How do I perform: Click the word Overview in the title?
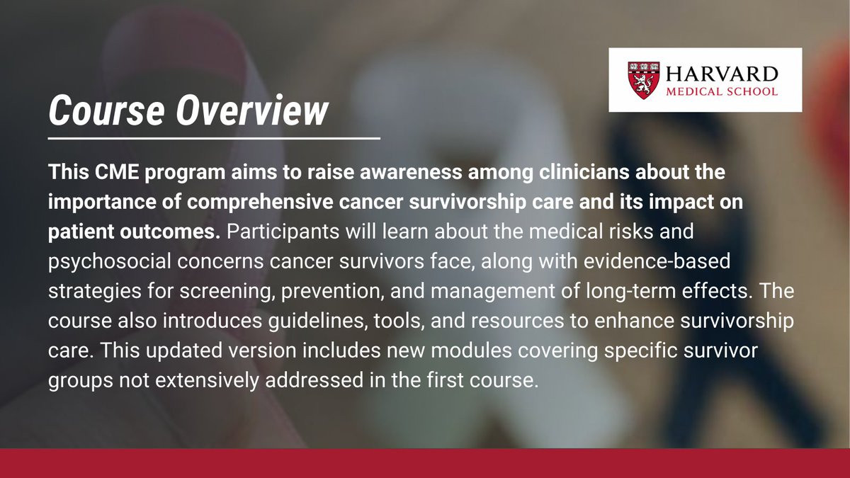coord(251,110)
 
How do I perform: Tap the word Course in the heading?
coord(107,110)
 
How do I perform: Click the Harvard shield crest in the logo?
coord(644,81)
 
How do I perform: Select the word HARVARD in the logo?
coord(722,74)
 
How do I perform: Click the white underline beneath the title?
coord(214,139)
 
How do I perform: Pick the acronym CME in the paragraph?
coord(117,172)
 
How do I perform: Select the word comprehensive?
coord(260,203)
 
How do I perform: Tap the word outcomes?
coord(170,232)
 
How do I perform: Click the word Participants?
coord(283,232)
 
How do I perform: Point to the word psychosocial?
coord(109,262)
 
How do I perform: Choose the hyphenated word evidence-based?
coord(657,262)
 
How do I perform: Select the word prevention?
coord(332,292)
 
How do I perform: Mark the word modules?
coord(471,351)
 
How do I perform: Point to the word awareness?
coord(411,173)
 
